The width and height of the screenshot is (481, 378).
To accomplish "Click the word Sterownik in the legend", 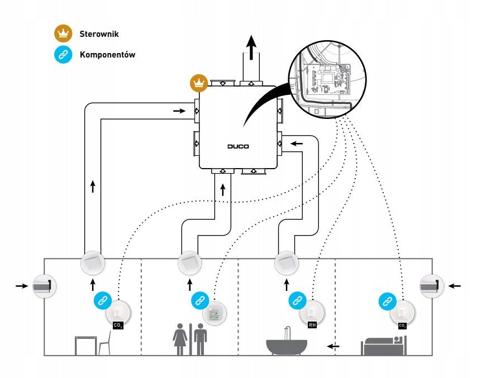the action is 99,34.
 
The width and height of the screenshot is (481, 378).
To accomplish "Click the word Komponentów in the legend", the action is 107,55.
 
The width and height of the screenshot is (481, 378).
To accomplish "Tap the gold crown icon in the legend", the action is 63,34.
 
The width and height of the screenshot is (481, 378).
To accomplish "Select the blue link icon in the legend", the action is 63,55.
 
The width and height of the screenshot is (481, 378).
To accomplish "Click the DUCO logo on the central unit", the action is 238,146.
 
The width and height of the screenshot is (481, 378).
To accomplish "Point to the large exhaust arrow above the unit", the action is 251,47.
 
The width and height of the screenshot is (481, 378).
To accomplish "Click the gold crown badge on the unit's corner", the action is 199,83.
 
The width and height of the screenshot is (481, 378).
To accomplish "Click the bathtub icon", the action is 286,341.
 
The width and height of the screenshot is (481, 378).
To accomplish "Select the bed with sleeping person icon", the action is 384,346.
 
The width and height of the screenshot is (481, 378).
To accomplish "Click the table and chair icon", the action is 93,343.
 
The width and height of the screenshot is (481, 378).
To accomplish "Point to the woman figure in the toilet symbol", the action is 180,339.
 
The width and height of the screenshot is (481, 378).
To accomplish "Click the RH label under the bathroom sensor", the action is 312,324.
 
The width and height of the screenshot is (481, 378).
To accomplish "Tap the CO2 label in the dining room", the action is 118,326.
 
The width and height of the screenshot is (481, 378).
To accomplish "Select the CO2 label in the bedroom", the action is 402,326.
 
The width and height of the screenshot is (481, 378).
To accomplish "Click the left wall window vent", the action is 45,286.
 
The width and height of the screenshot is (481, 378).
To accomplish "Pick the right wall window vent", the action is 432,286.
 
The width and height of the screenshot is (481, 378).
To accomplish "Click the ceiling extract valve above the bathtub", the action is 287,263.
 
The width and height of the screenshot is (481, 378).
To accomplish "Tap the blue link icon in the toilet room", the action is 200,301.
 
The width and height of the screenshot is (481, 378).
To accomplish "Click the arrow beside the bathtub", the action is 333,346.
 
